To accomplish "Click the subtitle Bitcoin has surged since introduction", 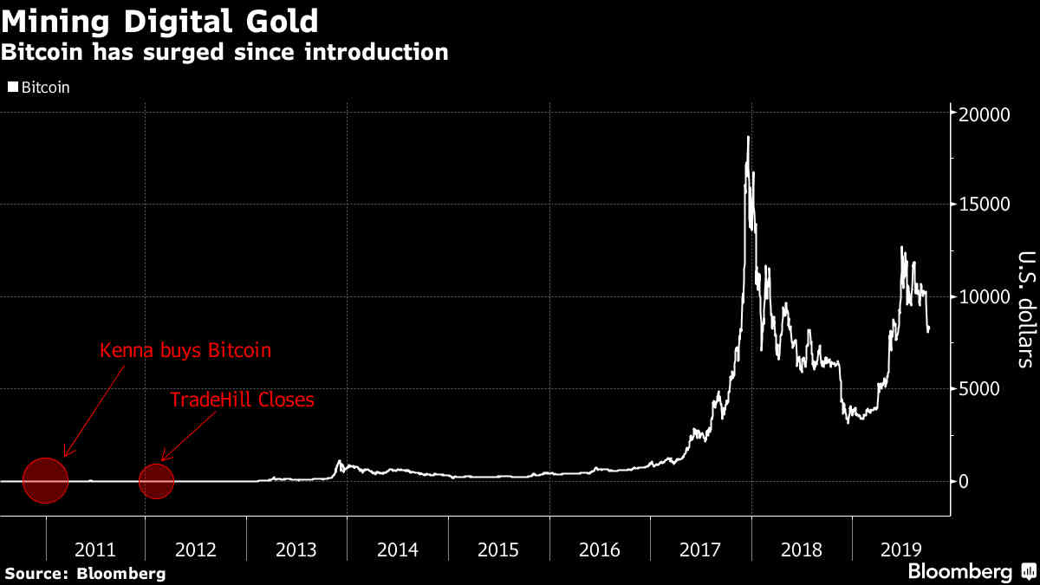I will click(x=224, y=52).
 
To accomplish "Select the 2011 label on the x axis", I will click(x=95, y=549).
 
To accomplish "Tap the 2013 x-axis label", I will click(x=296, y=549).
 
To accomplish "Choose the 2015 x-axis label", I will click(x=498, y=549).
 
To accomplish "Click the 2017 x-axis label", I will click(x=700, y=549).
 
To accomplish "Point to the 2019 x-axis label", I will click(x=901, y=549).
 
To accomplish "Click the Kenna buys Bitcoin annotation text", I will click(x=185, y=351).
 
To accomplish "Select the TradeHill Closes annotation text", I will click(x=242, y=400).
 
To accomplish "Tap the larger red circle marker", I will click(x=45, y=480).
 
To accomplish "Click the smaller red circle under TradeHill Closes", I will click(x=157, y=481).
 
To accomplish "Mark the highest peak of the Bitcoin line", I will click(x=748, y=137).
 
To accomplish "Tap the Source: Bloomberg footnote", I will click(x=85, y=573).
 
